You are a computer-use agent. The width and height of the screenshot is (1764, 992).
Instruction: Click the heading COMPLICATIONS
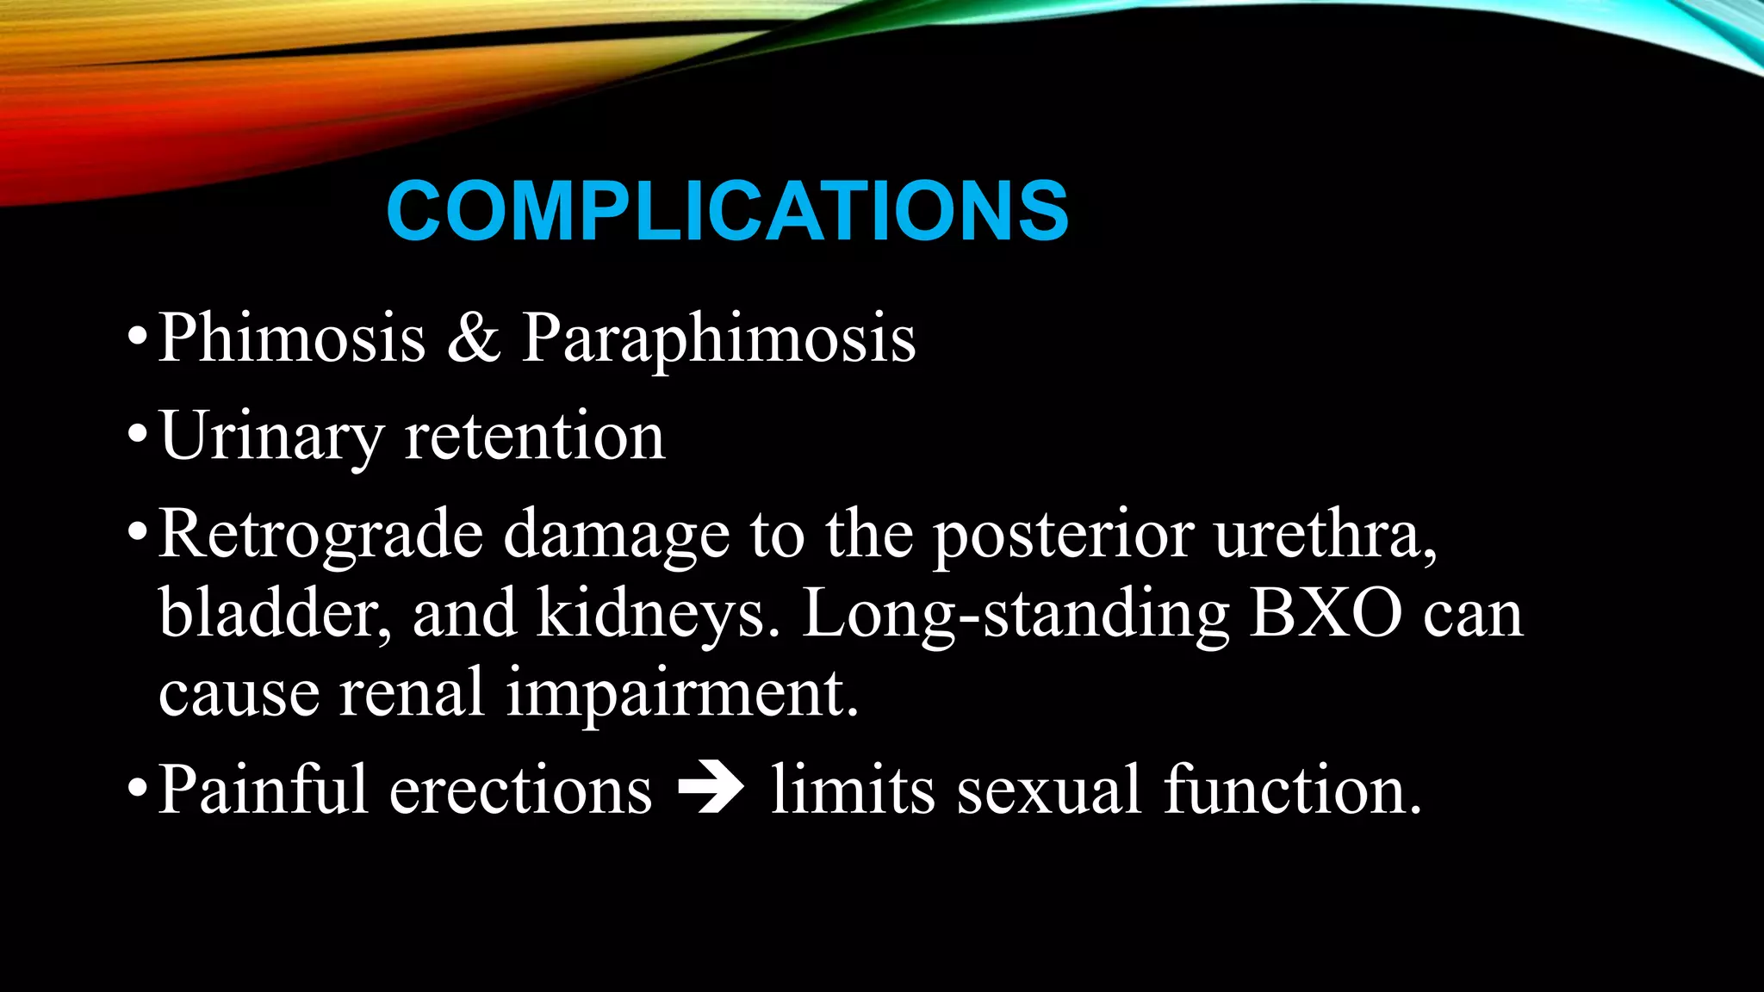[727, 211]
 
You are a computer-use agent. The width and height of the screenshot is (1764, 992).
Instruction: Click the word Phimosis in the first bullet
[292, 338]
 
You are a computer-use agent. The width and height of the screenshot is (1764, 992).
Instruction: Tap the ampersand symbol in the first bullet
[473, 338]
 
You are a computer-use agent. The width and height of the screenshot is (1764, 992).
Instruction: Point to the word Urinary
[270, 437]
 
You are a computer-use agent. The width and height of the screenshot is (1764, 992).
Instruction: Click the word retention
[535, 437]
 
